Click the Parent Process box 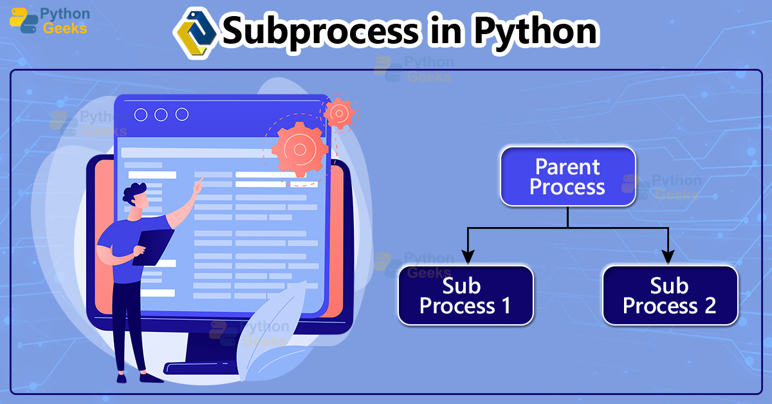(567, 177)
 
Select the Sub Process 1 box (465, 295)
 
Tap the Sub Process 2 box (669, 295)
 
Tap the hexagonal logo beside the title (196, 32)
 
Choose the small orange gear (338, 114)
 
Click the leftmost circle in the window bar (140, 115)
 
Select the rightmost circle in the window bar (182, 115)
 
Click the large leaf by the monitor (270, 335)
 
